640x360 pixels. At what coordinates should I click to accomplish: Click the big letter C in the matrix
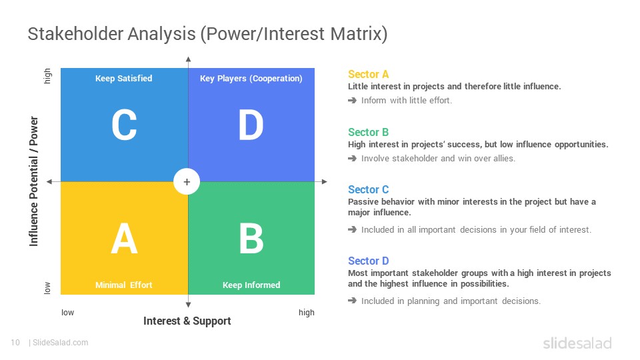click(124, 125)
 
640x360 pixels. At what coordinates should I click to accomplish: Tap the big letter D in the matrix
click(251, 125)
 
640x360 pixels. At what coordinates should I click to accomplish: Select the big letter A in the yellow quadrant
click(124, 239)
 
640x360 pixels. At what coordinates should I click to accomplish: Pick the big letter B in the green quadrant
click(251, 239)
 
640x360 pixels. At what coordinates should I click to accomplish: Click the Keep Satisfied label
click(124, 79)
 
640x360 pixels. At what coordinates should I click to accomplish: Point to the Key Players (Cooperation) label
click(251, 79)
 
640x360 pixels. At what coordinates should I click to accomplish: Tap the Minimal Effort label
click(124, 285)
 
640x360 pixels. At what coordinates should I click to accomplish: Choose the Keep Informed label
click(251, 285)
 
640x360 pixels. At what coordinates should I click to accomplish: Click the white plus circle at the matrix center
click(187, 181)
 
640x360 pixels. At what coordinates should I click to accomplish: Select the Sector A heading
click(368, 74)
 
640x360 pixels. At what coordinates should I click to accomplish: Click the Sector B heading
click(368, 132)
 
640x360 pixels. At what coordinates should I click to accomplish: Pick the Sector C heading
click(368, 189)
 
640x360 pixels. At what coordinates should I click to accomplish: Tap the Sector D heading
click(368, 261)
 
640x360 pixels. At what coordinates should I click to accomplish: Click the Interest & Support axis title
click(187, 321)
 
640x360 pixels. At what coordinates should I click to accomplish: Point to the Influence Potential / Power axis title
click(33, 181)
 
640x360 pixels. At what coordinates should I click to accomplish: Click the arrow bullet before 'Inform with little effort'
click(352, 101)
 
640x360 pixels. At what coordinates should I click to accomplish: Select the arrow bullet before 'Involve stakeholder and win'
click(352, 159)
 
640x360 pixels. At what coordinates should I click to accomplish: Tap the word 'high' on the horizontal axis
click(307, 313)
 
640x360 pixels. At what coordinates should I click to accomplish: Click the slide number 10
click(15, 343)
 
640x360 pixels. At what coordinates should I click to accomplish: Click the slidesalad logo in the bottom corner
click(577, 343)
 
